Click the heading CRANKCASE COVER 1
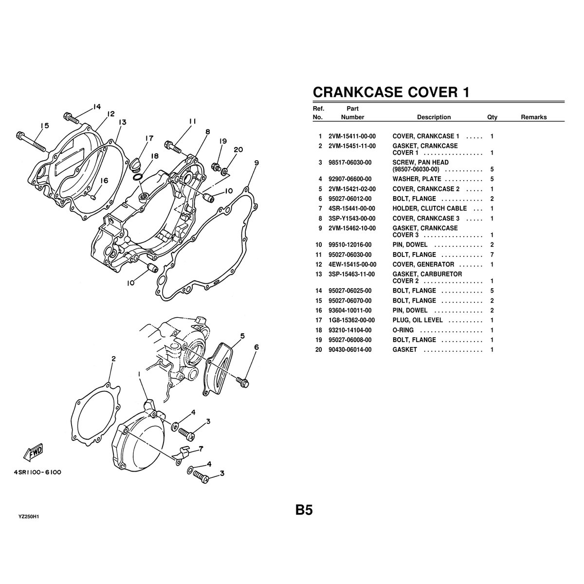(x=391, y=92)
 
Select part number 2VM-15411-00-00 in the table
(x=352, y=136)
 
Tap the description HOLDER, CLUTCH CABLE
(x=429, y=208)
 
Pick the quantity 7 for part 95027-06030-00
(x=492, y=255)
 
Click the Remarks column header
(x=533, y=117)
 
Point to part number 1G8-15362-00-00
(x=352, y=320)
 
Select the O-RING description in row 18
(x=403, y=330)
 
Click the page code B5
(x=303, y=510)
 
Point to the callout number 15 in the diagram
(x=45, y=126)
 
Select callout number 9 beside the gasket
(x=256, y=163)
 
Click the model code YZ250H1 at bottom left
(x=29, y=516)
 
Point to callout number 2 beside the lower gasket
(x=113, y=359)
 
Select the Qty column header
(x=492, y=117)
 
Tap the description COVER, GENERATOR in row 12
(x=423, y=264)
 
